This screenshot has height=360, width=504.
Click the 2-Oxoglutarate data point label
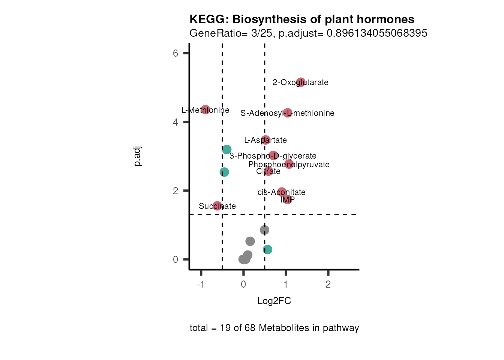(x=300, y=82)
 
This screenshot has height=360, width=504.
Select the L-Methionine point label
(x=205, y=110)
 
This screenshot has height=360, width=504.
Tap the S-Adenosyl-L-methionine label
(x=287, y=113)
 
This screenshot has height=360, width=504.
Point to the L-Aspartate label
(x=265, y=140)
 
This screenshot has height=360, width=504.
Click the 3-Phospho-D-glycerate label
(x=273, y=156)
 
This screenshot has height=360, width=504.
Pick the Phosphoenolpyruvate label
(x=289, y=165)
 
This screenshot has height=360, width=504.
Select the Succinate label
(x=217, y=206)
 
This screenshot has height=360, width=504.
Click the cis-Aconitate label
(x=282, y=192)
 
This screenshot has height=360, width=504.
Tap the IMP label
(x=287, y=200)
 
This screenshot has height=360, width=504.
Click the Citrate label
(x=268, y=171)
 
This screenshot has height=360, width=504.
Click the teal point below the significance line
(x=267, y=249)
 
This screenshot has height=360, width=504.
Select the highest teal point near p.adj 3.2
(x=226, y=150)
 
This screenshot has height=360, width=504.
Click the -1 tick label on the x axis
(x=201, y=285)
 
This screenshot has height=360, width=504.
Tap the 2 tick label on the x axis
(x=328, y=285)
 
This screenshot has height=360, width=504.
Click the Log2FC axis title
(x=274, y=301)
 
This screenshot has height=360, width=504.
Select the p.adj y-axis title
(x=138, y=156)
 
